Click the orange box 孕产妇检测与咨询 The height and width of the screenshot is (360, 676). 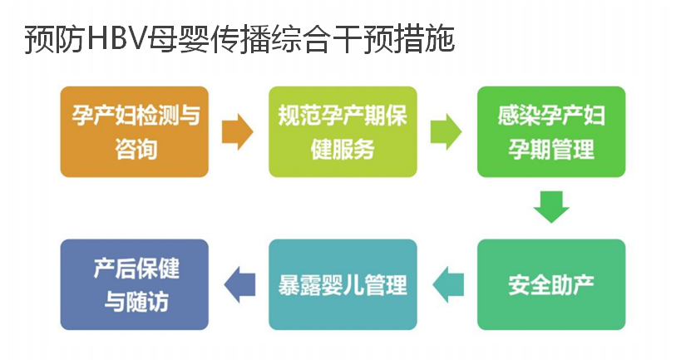coord(135,132)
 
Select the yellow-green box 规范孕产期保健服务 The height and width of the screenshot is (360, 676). coord(343,132)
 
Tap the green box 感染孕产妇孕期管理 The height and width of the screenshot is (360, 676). coord(551,132)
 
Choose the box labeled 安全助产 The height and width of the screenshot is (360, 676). coord(551,284)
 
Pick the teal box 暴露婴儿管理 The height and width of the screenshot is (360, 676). coord(343,284)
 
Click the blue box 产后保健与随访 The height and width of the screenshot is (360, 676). coord(135,284)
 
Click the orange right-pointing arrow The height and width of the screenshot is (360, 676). coord(237,132)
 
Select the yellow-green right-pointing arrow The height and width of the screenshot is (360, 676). coord(446,132)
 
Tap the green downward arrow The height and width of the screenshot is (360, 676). coord(551,207)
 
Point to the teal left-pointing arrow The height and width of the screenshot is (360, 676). coord(448,284)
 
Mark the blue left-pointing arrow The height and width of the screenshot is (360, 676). coord(239,284)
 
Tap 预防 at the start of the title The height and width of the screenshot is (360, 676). coord(54,40)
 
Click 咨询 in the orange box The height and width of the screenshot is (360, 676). coord(136,149)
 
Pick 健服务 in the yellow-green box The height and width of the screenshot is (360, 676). coord(343,149)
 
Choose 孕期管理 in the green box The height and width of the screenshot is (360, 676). coord(551,149)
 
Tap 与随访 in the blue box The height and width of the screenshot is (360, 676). coord(136,301)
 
